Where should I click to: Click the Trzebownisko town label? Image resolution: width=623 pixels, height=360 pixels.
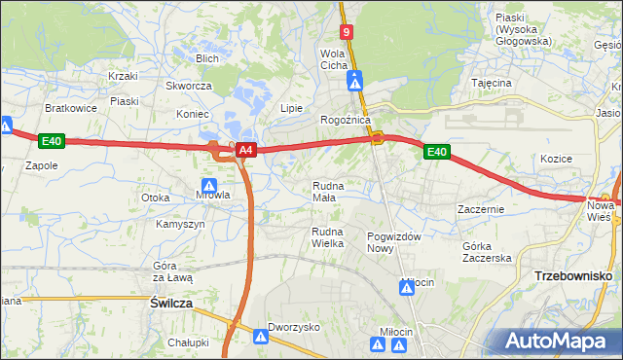572,276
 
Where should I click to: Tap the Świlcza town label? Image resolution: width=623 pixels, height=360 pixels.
171,304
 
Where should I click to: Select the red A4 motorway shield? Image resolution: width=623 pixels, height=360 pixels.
247,150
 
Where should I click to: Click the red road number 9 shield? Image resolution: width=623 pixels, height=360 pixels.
346,32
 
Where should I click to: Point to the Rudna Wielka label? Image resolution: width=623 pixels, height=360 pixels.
327,236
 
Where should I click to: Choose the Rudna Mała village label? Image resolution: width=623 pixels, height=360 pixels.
324,191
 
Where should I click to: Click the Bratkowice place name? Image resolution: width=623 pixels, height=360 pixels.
71,108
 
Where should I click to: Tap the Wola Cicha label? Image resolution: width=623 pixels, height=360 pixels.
334,58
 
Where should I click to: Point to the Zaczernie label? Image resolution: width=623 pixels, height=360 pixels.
481,209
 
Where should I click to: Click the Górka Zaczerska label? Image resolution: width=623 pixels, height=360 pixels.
487,251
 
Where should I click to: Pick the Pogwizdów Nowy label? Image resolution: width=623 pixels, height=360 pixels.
393,242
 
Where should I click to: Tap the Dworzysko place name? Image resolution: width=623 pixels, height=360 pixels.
294,328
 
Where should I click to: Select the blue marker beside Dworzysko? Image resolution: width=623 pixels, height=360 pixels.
261,337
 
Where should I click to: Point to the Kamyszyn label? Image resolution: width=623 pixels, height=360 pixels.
180,224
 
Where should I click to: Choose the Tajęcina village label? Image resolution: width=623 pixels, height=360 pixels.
492,83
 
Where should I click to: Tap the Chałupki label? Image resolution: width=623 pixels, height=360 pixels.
188,342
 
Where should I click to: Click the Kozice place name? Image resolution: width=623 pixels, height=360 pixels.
556,158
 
